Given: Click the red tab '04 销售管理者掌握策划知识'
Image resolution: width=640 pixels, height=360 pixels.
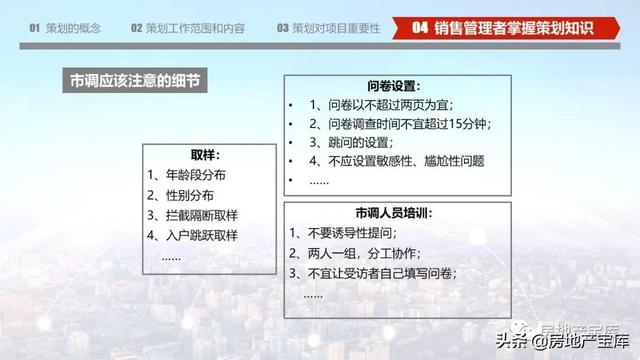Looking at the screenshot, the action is pyautogui.click(x=506, y=28).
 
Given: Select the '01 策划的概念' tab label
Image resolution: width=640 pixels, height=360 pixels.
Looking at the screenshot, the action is pyautogui.click(x=65, y=28).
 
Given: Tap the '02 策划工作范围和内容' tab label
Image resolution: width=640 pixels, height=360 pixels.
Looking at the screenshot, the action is pyautogui.click(x=188, y=28).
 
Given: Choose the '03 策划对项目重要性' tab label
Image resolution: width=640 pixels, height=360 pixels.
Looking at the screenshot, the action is pyautogui.click(x=329, y=28).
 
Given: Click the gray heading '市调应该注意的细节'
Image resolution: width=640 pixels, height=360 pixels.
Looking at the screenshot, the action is pyautogui.click(x=135, y=80).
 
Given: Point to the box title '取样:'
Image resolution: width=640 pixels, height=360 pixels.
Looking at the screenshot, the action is pyautogui.click(x=205, y=155).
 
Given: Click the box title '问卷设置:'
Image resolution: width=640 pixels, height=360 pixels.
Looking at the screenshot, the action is pyautogui.click(x=393, y=86).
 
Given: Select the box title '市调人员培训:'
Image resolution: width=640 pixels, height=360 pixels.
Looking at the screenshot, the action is pyautogui.click(x=394, y=213).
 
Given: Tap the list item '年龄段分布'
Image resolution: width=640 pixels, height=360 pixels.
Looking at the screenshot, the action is pyautogui.click(x=196, y=175).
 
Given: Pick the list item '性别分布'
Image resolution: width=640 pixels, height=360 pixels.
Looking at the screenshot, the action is pyautogui.click(x=189, y=195).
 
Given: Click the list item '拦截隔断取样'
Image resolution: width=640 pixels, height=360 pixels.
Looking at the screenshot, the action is pyautogui.click(x=202, y=215).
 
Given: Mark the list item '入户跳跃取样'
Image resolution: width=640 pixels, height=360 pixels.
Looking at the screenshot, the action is pyautogui.click(x=202, y=235).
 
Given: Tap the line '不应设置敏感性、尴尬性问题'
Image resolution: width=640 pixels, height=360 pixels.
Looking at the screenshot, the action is pyautogui.click(x=406, y=161).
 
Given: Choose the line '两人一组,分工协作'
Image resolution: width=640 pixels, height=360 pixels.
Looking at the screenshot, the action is pyautogui.click(x=362, y=253).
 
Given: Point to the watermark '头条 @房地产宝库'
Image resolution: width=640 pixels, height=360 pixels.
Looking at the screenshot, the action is pyautogui.click(x=563, y=341).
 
